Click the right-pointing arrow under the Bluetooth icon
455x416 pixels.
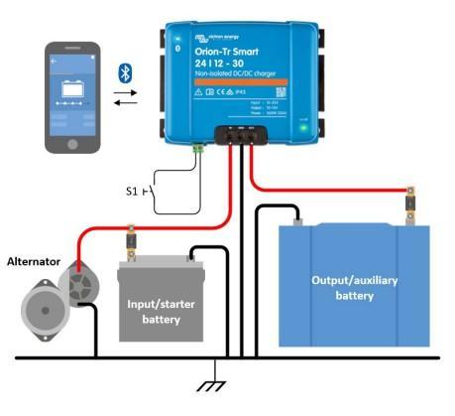127,90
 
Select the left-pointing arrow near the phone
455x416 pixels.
127,101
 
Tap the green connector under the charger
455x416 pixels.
200,148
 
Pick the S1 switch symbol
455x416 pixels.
149,190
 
